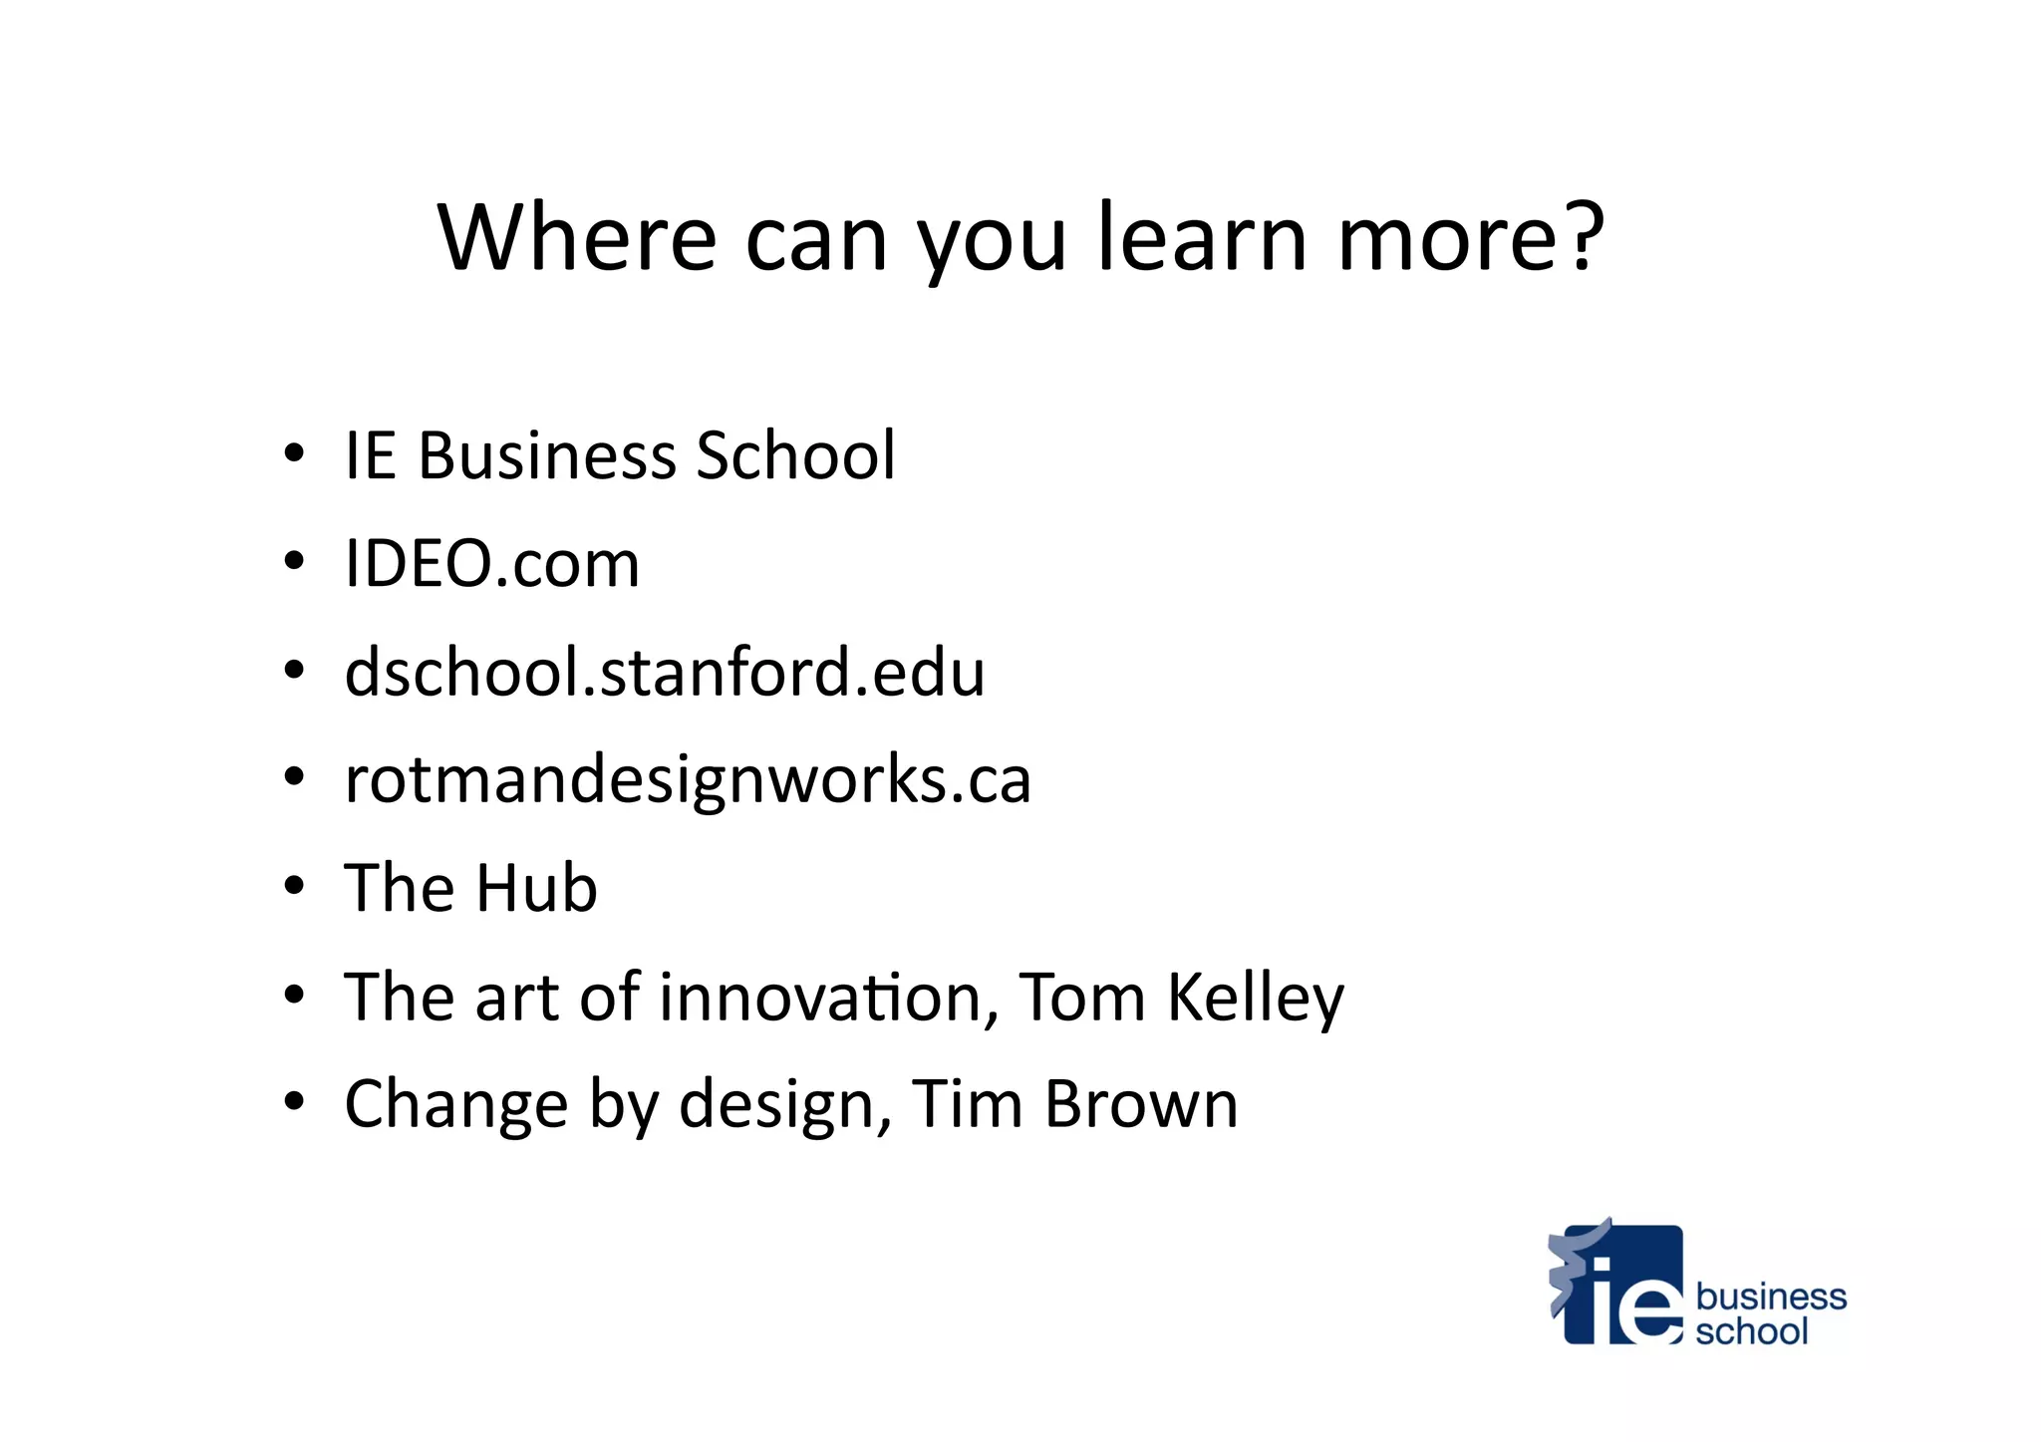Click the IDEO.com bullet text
(x=491, y=564)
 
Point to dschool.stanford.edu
(x=665, y=672)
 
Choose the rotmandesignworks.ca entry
(x=688, y=779)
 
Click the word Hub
(x=536, y=888)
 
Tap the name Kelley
(x=1255, y=998)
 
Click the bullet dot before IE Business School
(x=293, y=454)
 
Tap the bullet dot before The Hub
(x=293, y=887)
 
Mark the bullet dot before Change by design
(x=293, y=1103)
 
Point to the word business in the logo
(x=1771, y=1297)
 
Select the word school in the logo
(x=1751, y=1331)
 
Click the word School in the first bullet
(x=795, y=455)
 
